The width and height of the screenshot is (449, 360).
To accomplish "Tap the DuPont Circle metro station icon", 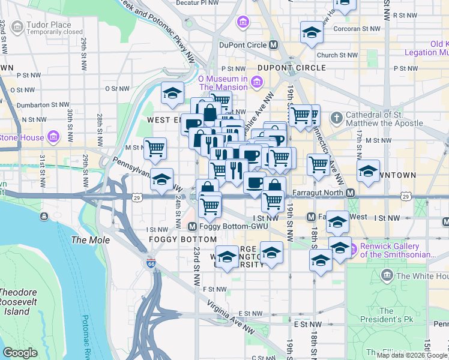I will tap(274, 44).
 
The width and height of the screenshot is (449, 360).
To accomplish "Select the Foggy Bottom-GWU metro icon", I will tap(192, 227).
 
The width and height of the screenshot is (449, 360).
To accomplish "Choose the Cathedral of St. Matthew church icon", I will tap(337, 117).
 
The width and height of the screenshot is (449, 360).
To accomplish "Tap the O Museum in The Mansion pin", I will tap(257, 82).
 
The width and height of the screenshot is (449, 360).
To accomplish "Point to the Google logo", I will tap(20, 353).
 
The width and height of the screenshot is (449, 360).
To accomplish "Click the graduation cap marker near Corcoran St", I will tap(312, 32).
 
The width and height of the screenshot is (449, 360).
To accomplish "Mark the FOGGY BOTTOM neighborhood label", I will tap(182, 239).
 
